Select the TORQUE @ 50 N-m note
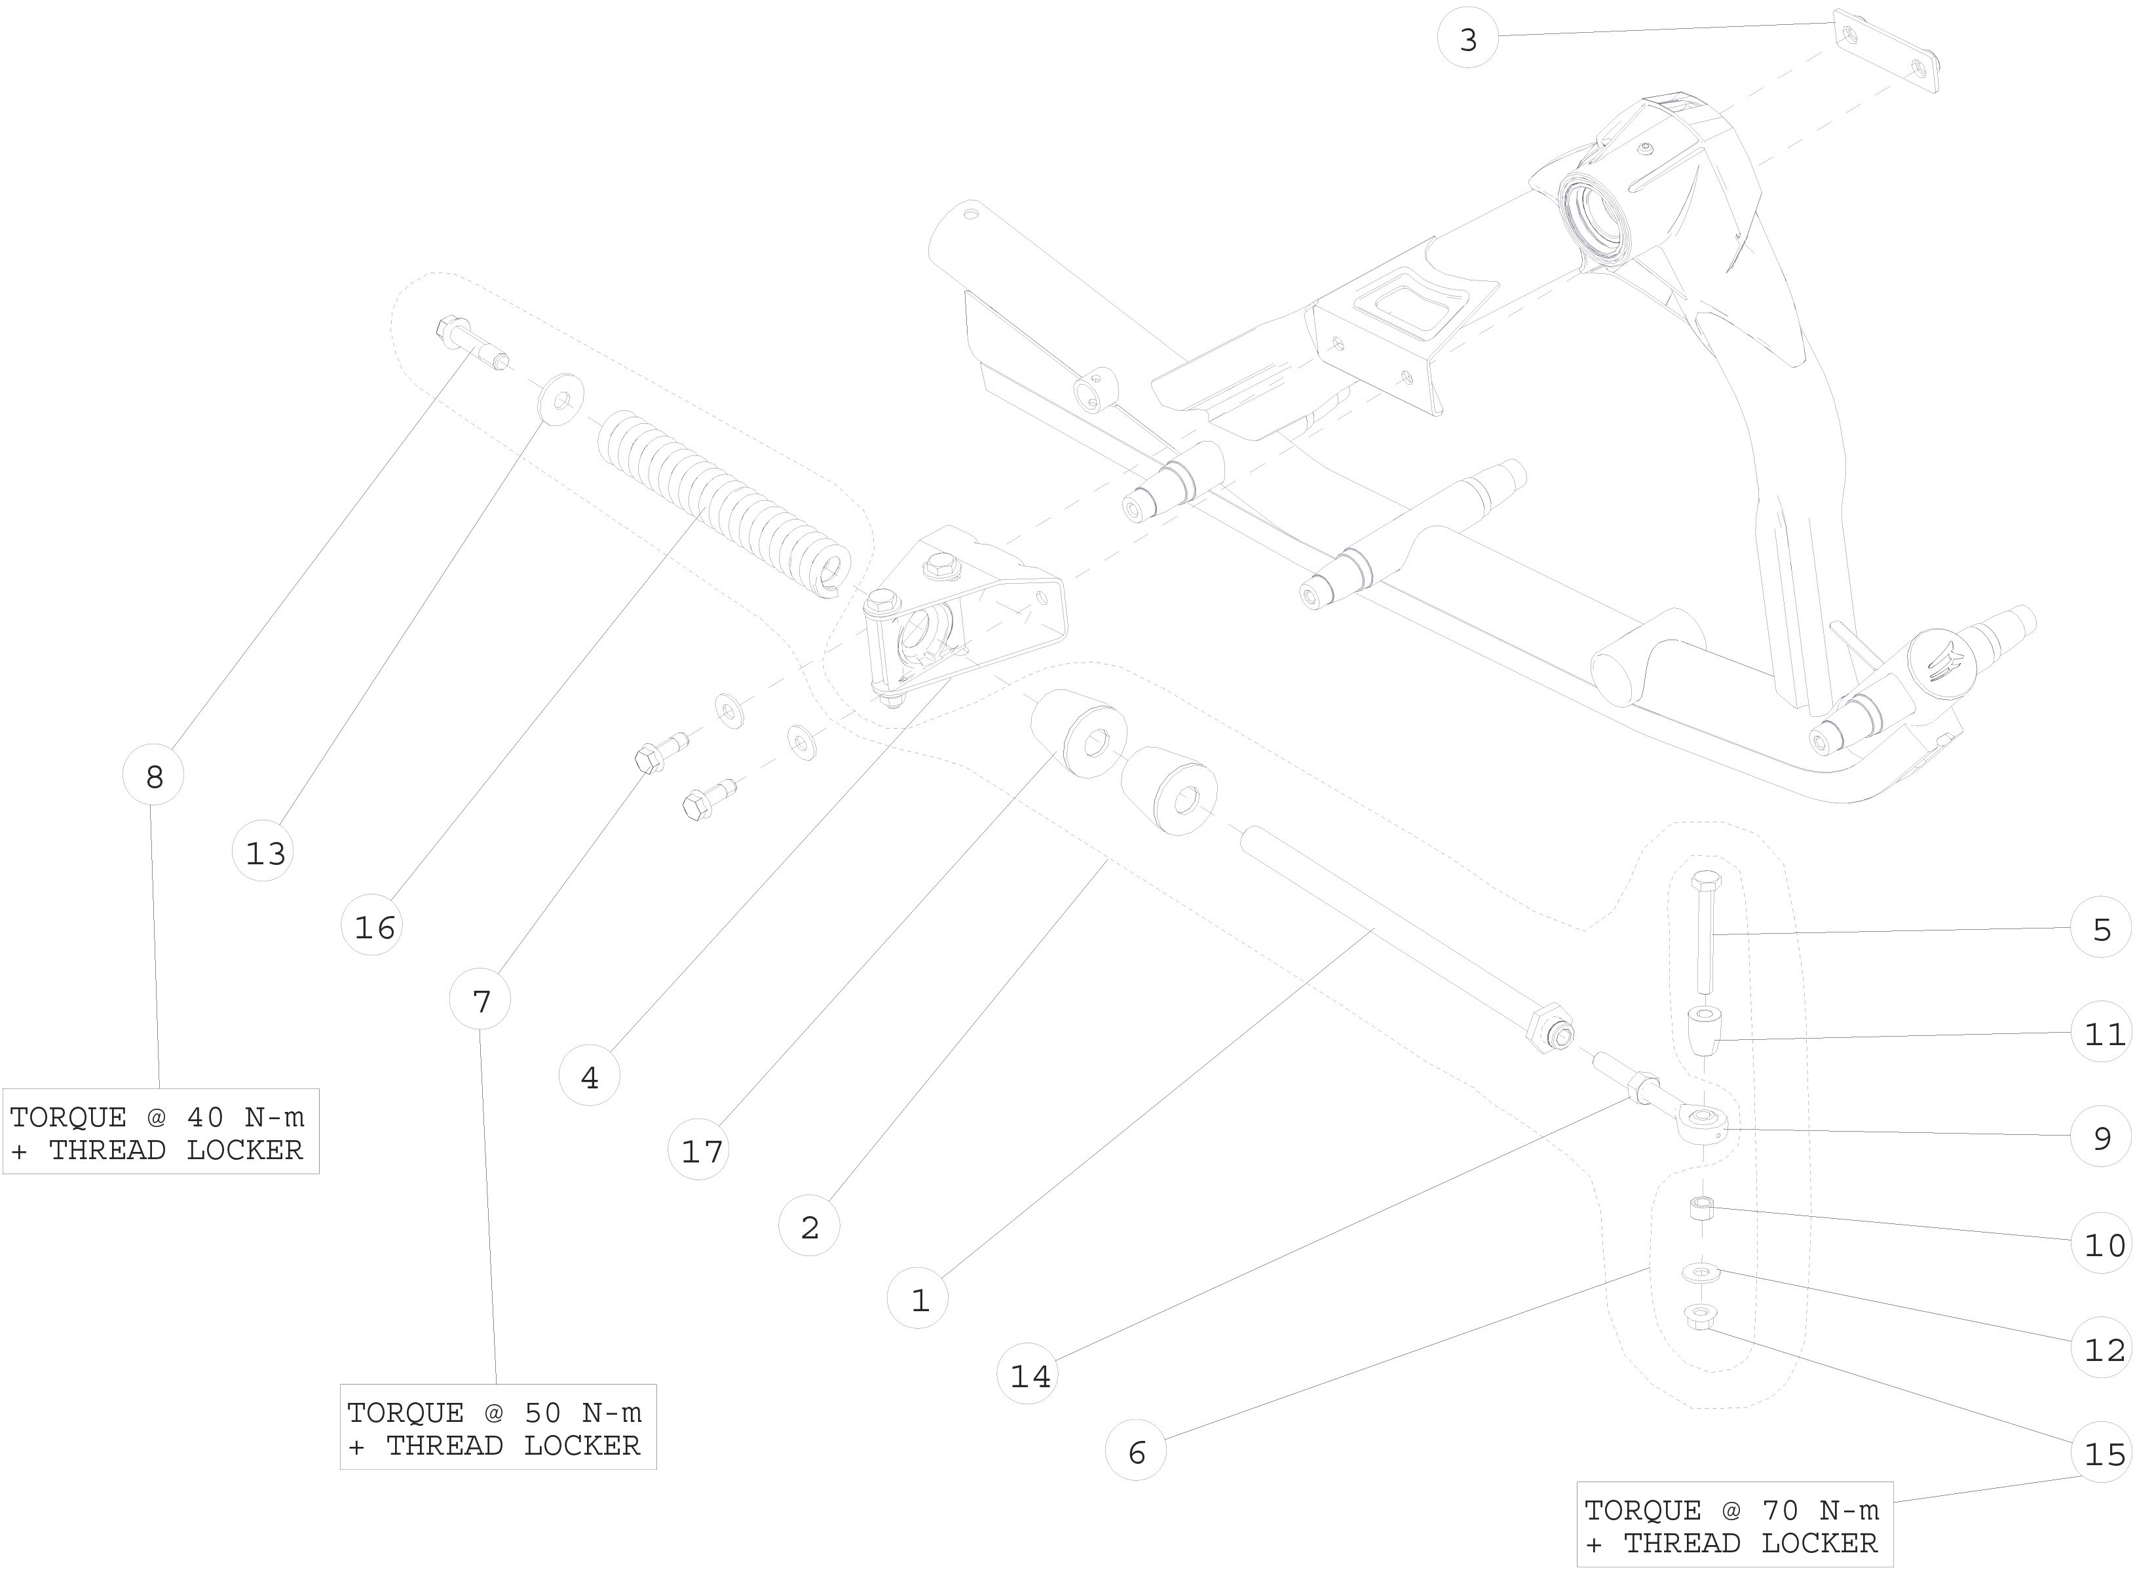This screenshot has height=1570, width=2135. [497, 1427]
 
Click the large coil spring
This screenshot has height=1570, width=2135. [722, 504]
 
